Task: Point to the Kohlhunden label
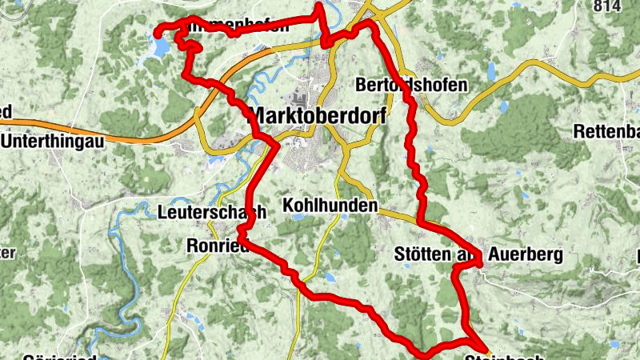pyautogui.click(x=330, y=206)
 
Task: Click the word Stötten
pyautogui.click(x=422, y=254)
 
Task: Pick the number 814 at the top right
pyautogui.click(x=608, y=6)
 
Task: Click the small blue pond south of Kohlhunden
pyautogui.click(x=330, y=277)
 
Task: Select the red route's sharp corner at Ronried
pyautogui.click(x=239, y=237)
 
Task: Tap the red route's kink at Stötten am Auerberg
pyautogui.click(x=478, y=262)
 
